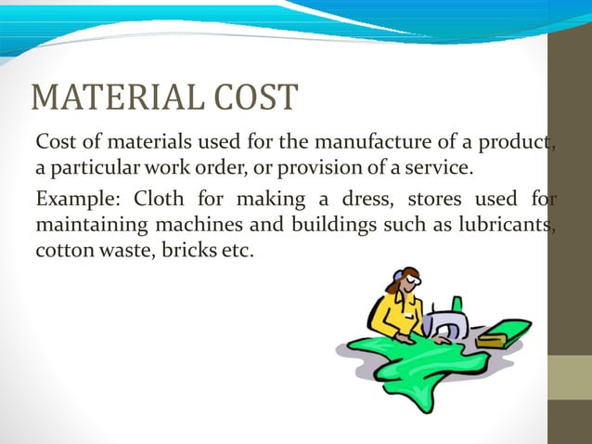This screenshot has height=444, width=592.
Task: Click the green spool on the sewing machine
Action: coord(456,303)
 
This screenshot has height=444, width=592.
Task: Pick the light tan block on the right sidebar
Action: coord(571,378)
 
